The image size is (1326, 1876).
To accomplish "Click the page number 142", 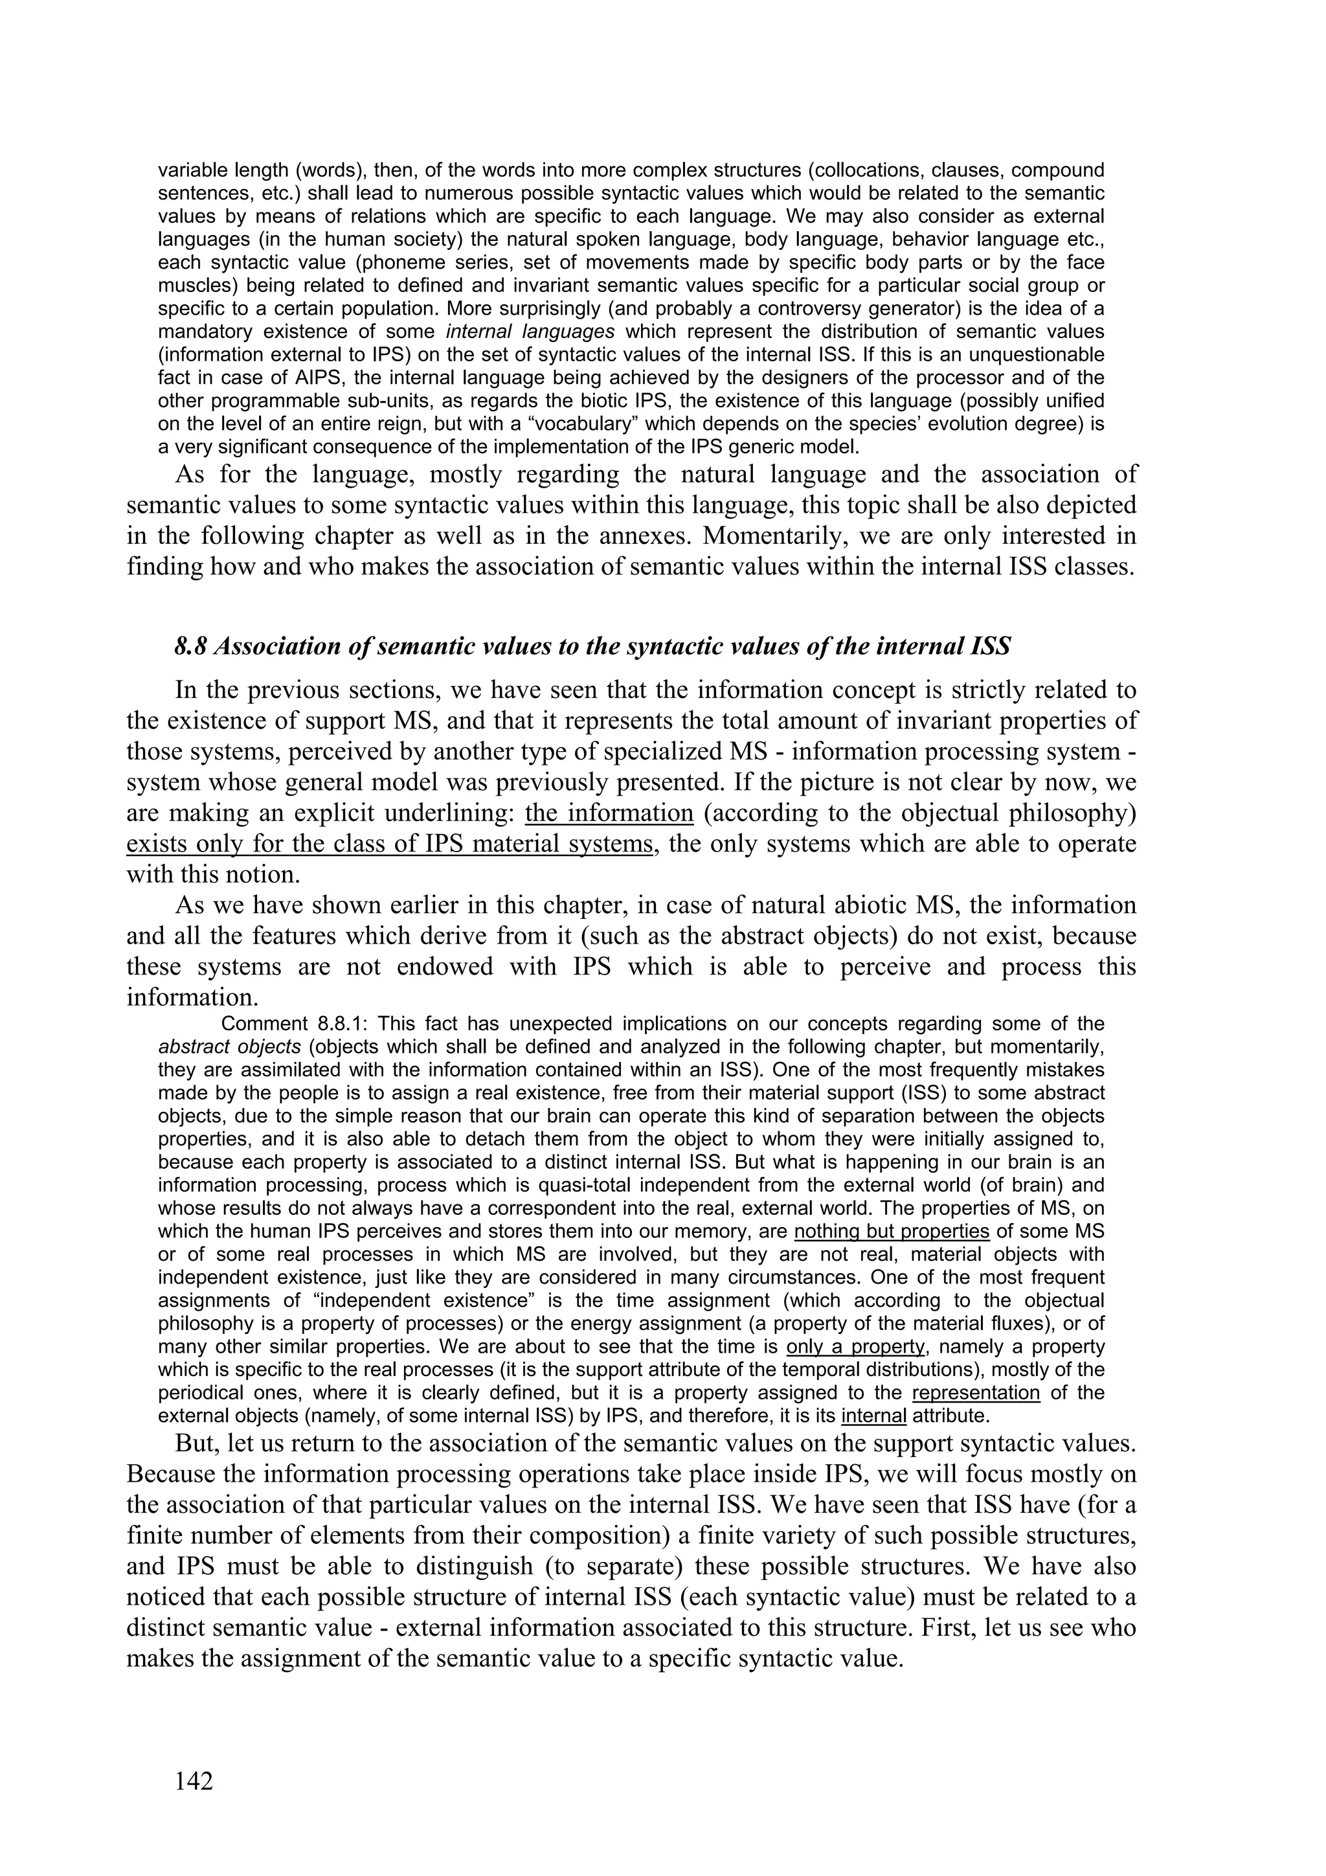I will tap(194, 1780).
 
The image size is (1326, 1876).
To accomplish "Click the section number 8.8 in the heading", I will tap(190, 646).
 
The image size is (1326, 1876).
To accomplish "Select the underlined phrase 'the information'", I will tap(609, 813).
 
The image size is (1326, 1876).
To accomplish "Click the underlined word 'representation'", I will tap(976, 1392).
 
